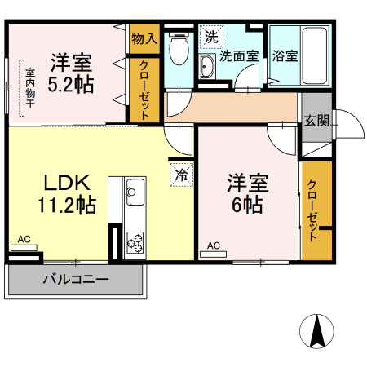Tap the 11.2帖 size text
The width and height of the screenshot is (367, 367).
coord(65,206)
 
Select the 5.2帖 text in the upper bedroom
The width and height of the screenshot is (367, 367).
coord(71,83)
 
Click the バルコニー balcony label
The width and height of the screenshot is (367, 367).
coord(76,280)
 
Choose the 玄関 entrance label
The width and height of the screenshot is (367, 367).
coord(316,122)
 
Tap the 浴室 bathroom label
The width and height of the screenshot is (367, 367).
coord(285,56)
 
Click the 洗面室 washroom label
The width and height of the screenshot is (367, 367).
coord(239,56)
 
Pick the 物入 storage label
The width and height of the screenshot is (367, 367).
coord(144,38)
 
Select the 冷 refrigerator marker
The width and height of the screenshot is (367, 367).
coord(181,173)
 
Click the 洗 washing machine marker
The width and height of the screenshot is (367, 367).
coord(211,36)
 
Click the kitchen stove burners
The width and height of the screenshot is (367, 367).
coord(135,243)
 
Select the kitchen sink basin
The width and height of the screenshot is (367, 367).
coord(135,194)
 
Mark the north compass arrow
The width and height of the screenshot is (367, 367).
coord(317,331)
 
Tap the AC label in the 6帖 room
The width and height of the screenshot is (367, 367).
coord(213,245)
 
